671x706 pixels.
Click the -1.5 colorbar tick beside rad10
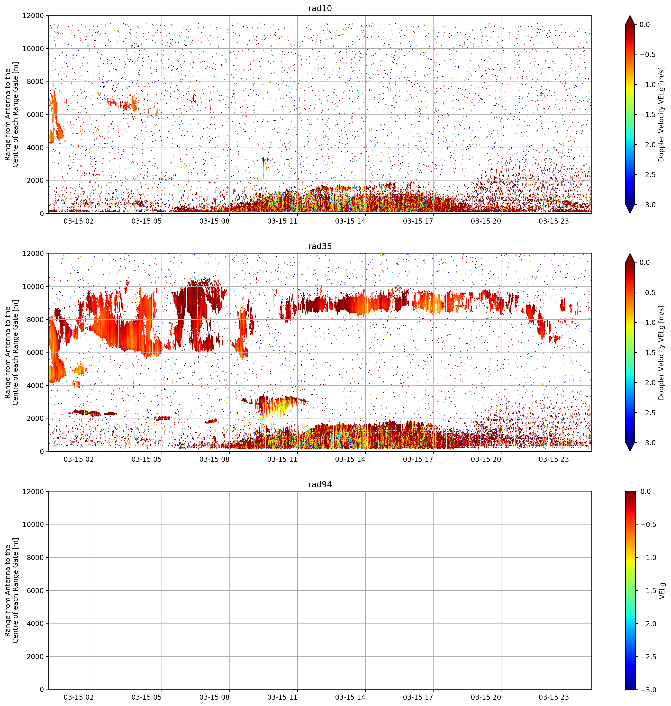648,114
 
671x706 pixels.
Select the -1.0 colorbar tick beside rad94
648,557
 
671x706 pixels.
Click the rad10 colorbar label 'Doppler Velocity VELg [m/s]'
661,114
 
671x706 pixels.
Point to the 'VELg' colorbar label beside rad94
662,590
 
